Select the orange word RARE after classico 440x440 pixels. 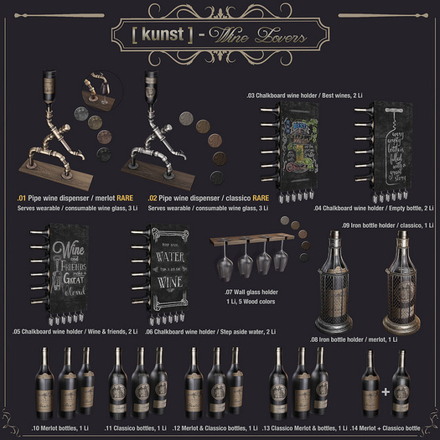[x=240, y=199]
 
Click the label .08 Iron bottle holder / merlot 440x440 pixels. [x=365, y=341]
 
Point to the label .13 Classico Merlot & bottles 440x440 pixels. [x=304, y=427]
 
